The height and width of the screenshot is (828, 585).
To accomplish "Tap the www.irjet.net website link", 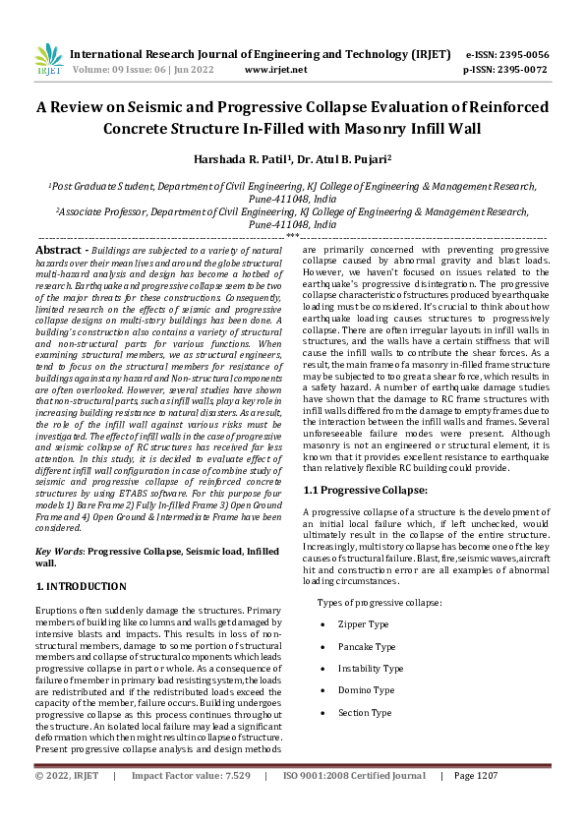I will point(275,70).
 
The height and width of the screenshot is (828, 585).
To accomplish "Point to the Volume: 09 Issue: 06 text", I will point(127,70).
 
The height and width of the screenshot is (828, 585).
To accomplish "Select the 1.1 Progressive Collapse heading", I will point(365,489).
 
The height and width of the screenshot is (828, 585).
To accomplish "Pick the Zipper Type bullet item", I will point(363,624).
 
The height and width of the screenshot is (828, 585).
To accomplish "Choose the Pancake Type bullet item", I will point(367,646).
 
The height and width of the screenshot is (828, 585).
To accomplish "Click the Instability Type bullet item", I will point(371,668).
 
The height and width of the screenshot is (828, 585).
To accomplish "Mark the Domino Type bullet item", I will point(365,689).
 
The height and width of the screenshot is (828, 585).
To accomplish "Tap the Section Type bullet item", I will point(364,712).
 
